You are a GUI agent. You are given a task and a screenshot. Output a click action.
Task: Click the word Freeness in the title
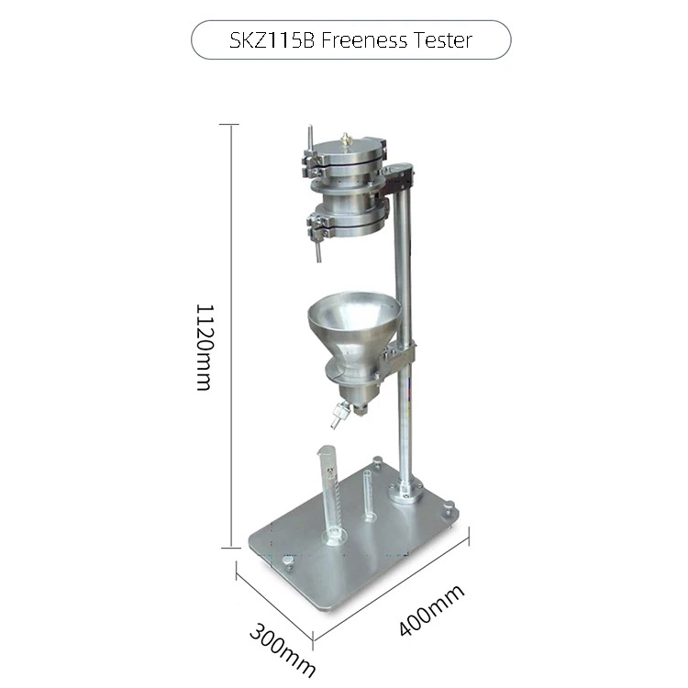364,40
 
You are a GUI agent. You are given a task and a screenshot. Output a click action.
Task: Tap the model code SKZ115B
272,40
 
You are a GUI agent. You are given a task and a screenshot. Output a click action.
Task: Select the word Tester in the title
443,40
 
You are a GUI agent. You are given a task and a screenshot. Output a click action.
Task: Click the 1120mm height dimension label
204,347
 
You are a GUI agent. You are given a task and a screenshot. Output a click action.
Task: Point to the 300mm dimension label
283,651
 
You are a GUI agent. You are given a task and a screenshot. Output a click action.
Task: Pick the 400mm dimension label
431,609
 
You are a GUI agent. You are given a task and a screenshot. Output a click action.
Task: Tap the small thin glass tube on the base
368,495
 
